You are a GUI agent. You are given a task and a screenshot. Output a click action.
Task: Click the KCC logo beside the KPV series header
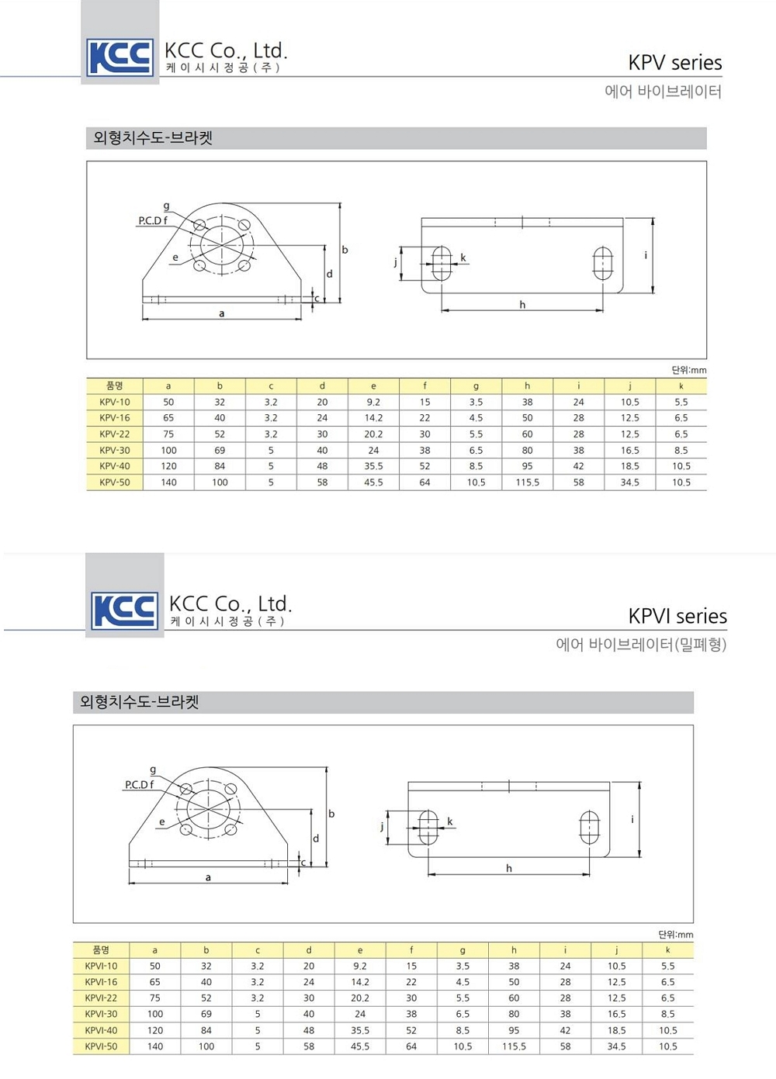[120, 57]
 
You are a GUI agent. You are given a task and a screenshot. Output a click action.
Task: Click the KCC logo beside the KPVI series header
[125, 610]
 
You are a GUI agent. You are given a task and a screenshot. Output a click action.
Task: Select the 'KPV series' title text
[675, 63]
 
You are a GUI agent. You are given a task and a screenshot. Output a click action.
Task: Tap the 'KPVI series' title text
[677, 616]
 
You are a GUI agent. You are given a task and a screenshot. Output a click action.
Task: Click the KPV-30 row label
[115, 451]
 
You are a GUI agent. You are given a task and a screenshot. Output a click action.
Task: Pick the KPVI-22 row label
[101, 998]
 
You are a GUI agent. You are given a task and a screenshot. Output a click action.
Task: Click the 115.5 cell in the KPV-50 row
[528, 482]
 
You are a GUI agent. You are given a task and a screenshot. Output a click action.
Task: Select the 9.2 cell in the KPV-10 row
[373, 403]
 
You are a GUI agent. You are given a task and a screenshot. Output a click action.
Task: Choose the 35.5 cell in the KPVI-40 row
[360, 1030]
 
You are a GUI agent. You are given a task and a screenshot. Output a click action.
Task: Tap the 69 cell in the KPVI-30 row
[206, 1014]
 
